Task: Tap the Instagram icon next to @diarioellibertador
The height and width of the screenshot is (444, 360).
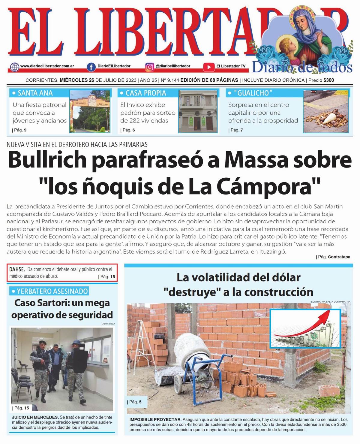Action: [x=149, y=67]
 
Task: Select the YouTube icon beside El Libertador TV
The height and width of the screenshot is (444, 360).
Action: [x=208, y=67]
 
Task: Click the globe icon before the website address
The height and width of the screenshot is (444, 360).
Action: [x=14, y=67]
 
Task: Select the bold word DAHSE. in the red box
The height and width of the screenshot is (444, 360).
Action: [x=17, y=269]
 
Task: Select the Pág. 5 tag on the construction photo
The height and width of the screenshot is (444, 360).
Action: [x=136, y=402]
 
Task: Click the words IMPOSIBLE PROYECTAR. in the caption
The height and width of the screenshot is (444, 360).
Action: [x=155, y=419]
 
